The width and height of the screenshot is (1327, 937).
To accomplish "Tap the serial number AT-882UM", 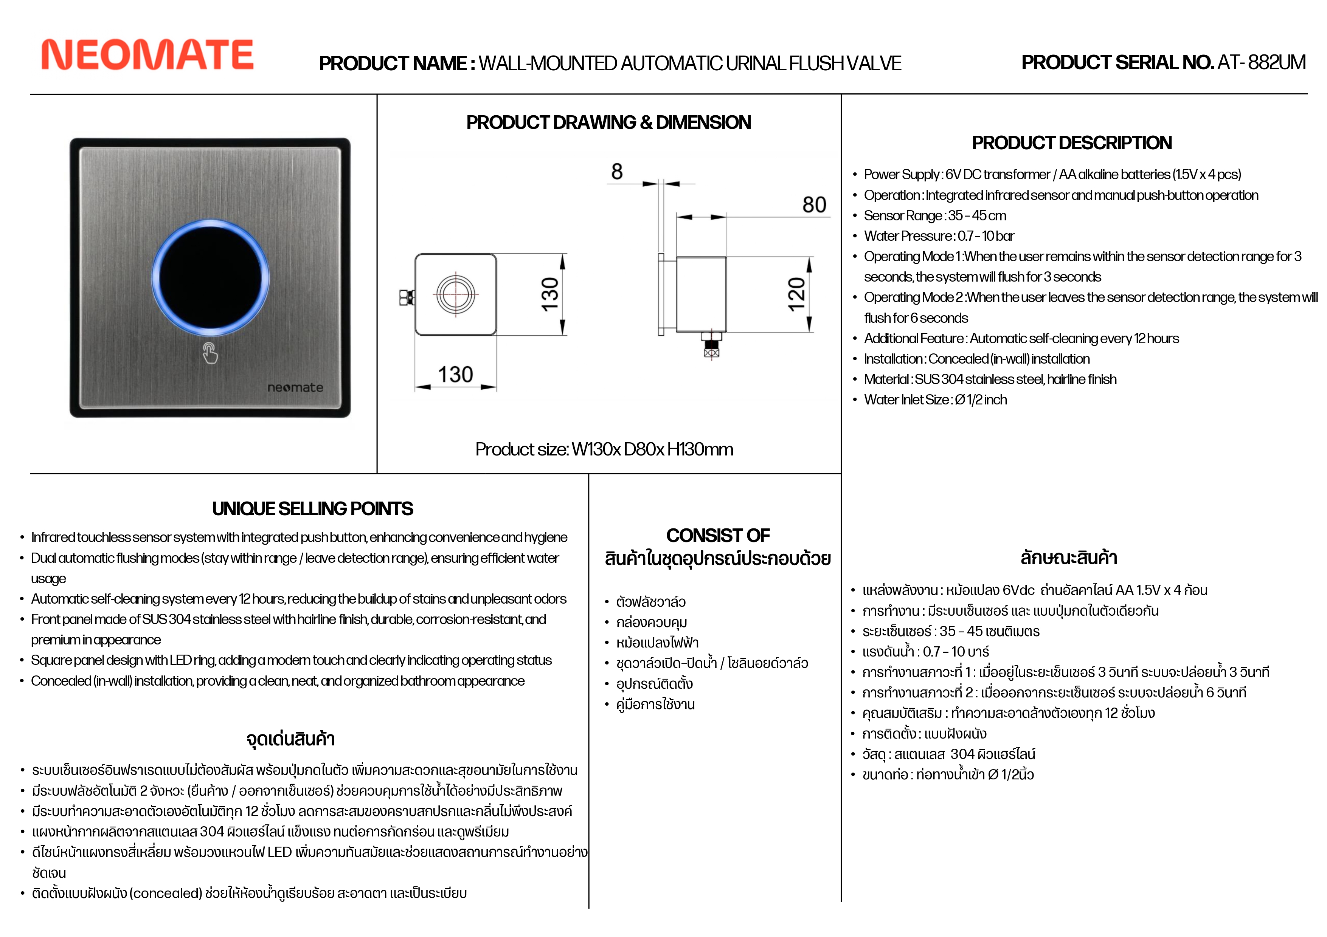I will pyautogui.click(x=1261, y=62).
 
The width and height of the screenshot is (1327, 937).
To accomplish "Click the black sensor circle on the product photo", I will pyautogui.click(x=210, y=277).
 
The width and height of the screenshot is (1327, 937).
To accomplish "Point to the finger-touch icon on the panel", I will pyautogui.click(x=210, y=353).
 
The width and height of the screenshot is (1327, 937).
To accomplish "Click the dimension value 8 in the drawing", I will pyautogui.click(x=617, y=172).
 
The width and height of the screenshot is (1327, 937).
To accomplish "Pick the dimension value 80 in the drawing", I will pyautogui.click(x=814, y=204).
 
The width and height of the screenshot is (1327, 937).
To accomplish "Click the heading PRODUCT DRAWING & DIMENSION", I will pyautogui.click(x=608, y=122).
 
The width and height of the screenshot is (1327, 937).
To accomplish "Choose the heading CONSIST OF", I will pyautogui.click(x=718, y=536).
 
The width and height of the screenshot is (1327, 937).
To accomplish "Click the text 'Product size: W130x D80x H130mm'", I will pyautogui.click(x=604, y=449).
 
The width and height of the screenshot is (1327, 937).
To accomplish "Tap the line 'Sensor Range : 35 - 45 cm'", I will pyautogui.click(x=934, y=215).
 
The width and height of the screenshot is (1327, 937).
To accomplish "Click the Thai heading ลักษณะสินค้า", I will pyautogui.click(x=1068, y=558).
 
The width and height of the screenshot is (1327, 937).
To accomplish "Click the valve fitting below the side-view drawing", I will pyautogui.click(x=711, y=345).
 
